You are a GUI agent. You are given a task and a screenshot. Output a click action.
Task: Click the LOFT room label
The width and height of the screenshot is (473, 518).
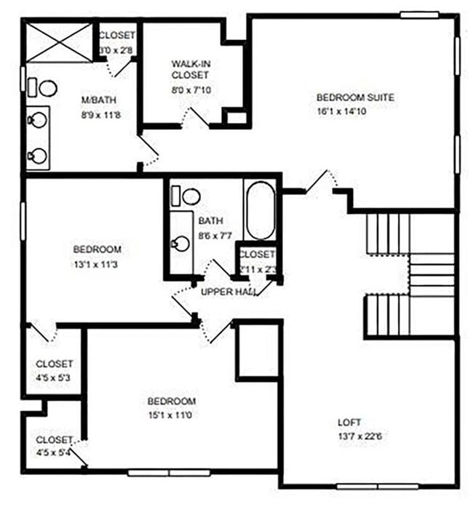pyautogui.click(x=349, y=422)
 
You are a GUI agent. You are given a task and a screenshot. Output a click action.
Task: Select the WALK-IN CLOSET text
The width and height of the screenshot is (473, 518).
pyautogui.click(x=190, y=69)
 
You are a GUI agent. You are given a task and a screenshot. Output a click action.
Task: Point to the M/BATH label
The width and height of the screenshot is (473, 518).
pyautogui.click(x=98, y=100)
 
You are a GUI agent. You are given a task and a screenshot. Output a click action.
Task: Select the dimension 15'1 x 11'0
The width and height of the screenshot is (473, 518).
pyautogui.click(x=172, y=415)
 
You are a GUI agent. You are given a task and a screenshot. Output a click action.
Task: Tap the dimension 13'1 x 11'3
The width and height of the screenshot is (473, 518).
pyautogui.click(x=97, y=264)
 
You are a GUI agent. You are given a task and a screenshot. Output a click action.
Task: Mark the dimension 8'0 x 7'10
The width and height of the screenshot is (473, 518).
pyautogui.click(x=190, y=89)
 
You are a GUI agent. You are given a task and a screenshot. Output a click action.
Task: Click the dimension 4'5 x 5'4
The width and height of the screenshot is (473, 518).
pyautogui.click(x=54, y=453)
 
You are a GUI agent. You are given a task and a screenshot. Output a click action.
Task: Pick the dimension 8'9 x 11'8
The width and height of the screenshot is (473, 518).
pyautogui.click(x=98, y=114)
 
